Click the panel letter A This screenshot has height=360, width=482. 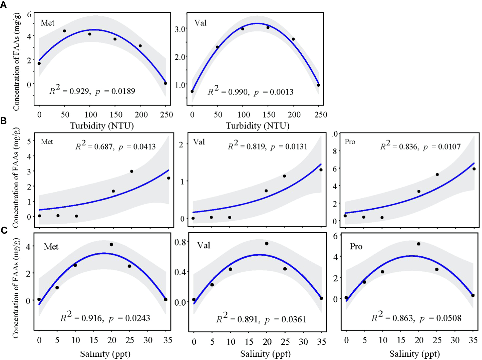tap(4, 5)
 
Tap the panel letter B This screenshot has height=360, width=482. tap(4, 121)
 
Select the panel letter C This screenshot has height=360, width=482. tap(4, 230)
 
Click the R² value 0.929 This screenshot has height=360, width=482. tap(80, 91)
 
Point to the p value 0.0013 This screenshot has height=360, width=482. tap(281, 92)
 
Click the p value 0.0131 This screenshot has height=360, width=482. tap(296, 146)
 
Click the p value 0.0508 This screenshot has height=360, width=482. tap(449, 318)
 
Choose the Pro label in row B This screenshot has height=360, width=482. tap(350, 142)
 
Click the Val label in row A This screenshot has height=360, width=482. tap(200, 23)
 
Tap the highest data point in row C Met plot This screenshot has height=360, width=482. tap(111, 245)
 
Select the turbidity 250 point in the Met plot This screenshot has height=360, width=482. tap(166, 83)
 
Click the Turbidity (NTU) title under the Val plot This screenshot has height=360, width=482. tap(258, 126)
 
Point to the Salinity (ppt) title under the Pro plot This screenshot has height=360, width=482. tap(414, 354)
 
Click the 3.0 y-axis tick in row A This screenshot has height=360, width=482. tap(180, 29)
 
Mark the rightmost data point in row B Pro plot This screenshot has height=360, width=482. tap(474, 169)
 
